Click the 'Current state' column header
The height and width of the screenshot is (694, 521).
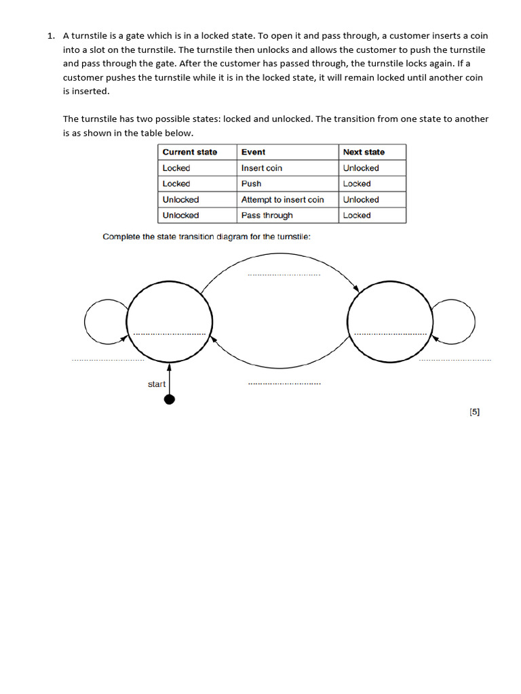coord(190,152)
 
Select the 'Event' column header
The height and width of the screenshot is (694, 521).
coord(253,152)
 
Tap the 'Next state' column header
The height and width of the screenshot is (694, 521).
coord(364,152)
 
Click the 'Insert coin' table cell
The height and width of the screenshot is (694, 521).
coord(261,168)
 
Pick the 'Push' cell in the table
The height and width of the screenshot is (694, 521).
coord(251,184)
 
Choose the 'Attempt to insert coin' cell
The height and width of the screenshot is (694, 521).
coord(282,200)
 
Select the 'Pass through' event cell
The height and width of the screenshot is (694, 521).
coord(267,216)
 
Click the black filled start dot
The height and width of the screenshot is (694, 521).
coord(170,399)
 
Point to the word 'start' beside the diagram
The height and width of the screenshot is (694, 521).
coord(157,384)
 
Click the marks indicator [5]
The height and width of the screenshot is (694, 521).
coord(474,411)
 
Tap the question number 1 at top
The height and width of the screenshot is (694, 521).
coord(50,35)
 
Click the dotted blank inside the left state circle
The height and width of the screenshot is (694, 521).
coord(170,334)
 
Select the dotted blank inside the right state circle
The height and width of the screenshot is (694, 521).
coord(390,334)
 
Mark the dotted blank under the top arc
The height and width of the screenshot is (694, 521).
coord(284,275)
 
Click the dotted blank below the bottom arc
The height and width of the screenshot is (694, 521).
coord(284,384)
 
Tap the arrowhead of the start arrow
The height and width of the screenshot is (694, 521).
coord(170,367)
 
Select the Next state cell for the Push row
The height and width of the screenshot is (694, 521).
coord(357,184)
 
